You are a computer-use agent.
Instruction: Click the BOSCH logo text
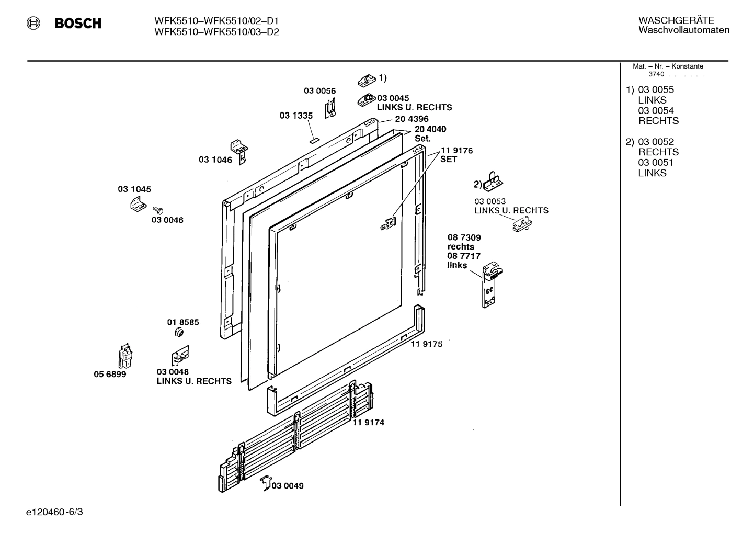[x=78, y=24]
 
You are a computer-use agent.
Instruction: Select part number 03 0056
[x=319, y=90]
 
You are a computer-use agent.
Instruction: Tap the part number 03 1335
[x=296, y=116]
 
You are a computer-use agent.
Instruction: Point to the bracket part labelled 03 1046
[x=239, y=151]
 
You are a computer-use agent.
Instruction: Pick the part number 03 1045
[x=134, y=189]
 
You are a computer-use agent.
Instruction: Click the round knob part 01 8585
[x=178, y=333]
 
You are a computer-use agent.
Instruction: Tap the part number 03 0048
[x=173, y=372]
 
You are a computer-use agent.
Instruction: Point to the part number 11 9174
[x=368, y=422]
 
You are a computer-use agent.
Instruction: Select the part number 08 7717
[x=463, y=256]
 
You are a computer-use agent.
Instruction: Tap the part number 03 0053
[x=489, y=201]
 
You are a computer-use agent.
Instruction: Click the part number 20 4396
[x=412, y=119]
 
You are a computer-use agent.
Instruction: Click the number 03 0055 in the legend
[x=656, y=89]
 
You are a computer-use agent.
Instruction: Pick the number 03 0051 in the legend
[x=656, y=163]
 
